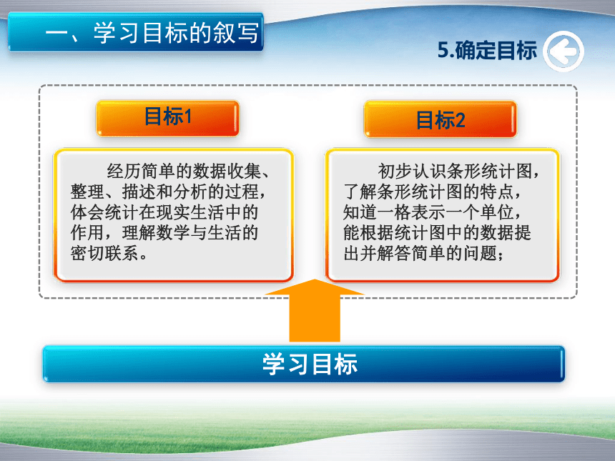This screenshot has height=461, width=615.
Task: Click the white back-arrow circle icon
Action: [x=564, y=51]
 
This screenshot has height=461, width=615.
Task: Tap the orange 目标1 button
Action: [x=168, y=119]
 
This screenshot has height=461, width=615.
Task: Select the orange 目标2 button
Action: [x=440, y=119]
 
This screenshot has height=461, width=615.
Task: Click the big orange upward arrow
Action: [x=315, y=310]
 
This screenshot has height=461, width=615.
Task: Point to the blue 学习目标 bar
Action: [x=304, y=364]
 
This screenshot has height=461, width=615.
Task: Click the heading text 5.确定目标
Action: [x=487, y=51]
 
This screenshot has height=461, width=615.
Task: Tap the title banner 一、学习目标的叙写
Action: [x=136, y=32]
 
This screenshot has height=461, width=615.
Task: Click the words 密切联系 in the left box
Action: [x=104, y=254]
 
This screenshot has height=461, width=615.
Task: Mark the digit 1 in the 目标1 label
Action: [x=187, y=117]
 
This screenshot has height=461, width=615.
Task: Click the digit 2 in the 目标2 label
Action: [x=460, y=120]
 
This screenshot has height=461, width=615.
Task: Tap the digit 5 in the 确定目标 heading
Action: [x=443, y=51]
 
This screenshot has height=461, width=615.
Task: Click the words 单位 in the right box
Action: [x=497, y=212]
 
